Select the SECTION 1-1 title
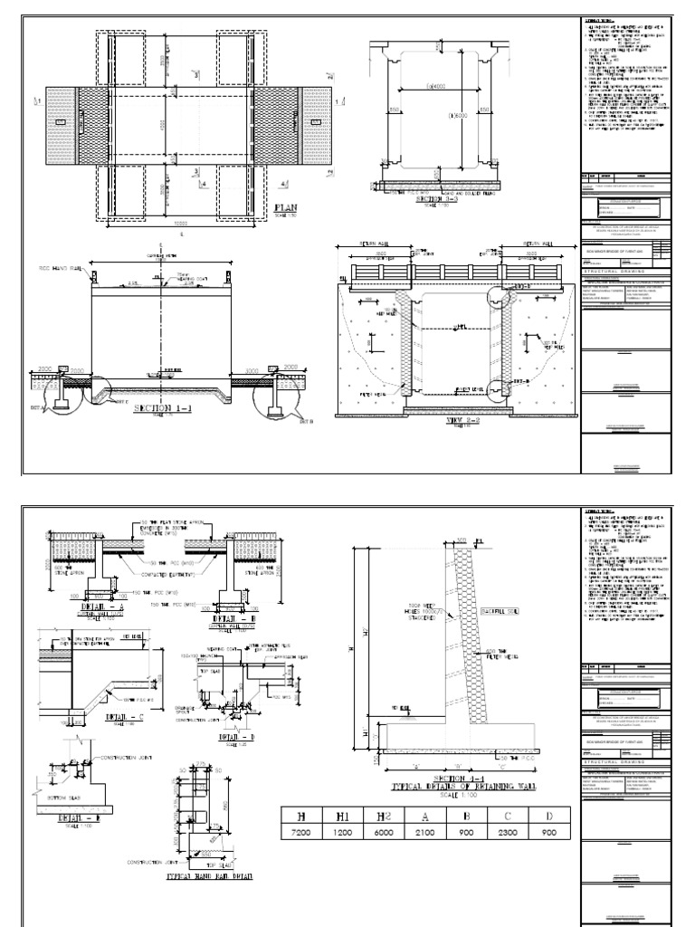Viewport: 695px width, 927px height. pos(159,409)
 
